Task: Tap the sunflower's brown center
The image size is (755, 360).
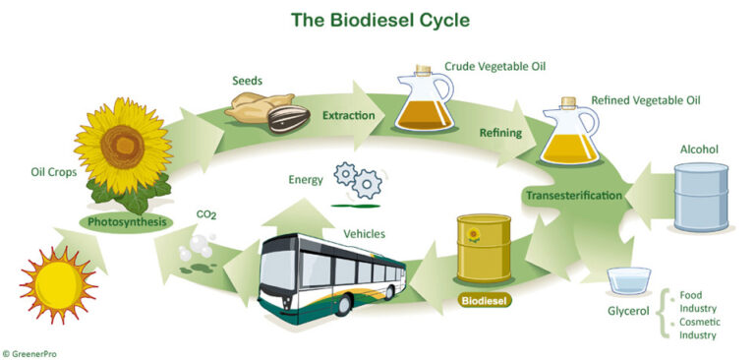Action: pos(123,146)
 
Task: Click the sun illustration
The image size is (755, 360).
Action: pos(58,285)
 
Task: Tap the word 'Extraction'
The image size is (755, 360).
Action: pos(349,116)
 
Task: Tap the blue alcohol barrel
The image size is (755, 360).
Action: pos(700,197)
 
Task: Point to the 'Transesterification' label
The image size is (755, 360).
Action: pos(573,195)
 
